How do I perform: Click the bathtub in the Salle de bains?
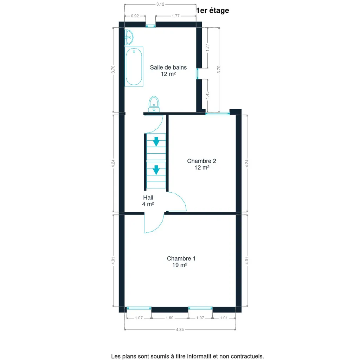[x=134, y=66]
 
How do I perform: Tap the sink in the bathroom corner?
[x=129, y=37]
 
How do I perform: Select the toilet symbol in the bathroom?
[x=154, y=104]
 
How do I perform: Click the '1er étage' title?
[x=213, y=11]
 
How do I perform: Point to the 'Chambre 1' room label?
[x=181, y=258]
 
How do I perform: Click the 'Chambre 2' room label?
[x=201, y=161]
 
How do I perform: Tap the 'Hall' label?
[x=148, y=198]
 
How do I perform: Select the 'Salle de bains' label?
[x=168, y=67]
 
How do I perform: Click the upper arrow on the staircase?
[x=156, y=141]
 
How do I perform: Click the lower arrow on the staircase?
[x=156, y=170]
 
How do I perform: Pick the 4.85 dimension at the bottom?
[x=180, y=330]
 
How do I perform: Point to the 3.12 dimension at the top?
[x=160, y=4]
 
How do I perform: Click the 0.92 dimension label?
[x=135, y=16]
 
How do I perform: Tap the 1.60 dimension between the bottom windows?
[x=169, y=318]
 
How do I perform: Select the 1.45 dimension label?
[x=207, y=95]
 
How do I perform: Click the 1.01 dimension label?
[x=224, y=318]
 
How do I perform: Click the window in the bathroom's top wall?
[x=150, y=26]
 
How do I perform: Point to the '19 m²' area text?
[x=180, y=265]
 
